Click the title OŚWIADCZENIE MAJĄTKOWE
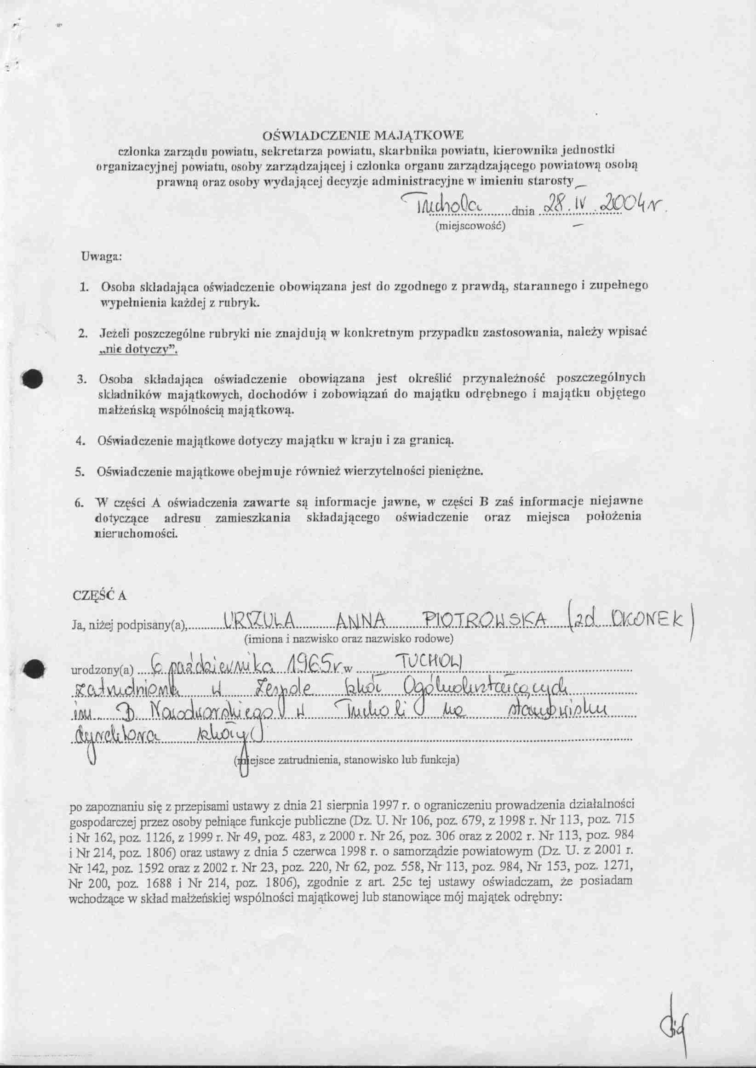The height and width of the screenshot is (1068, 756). pyautogui.click(x=364, y=136)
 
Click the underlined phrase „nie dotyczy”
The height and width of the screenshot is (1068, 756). pyautogui.click(x=139, y=351)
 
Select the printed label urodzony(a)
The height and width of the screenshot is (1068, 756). pyautogui.click(x=102, y=671)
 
